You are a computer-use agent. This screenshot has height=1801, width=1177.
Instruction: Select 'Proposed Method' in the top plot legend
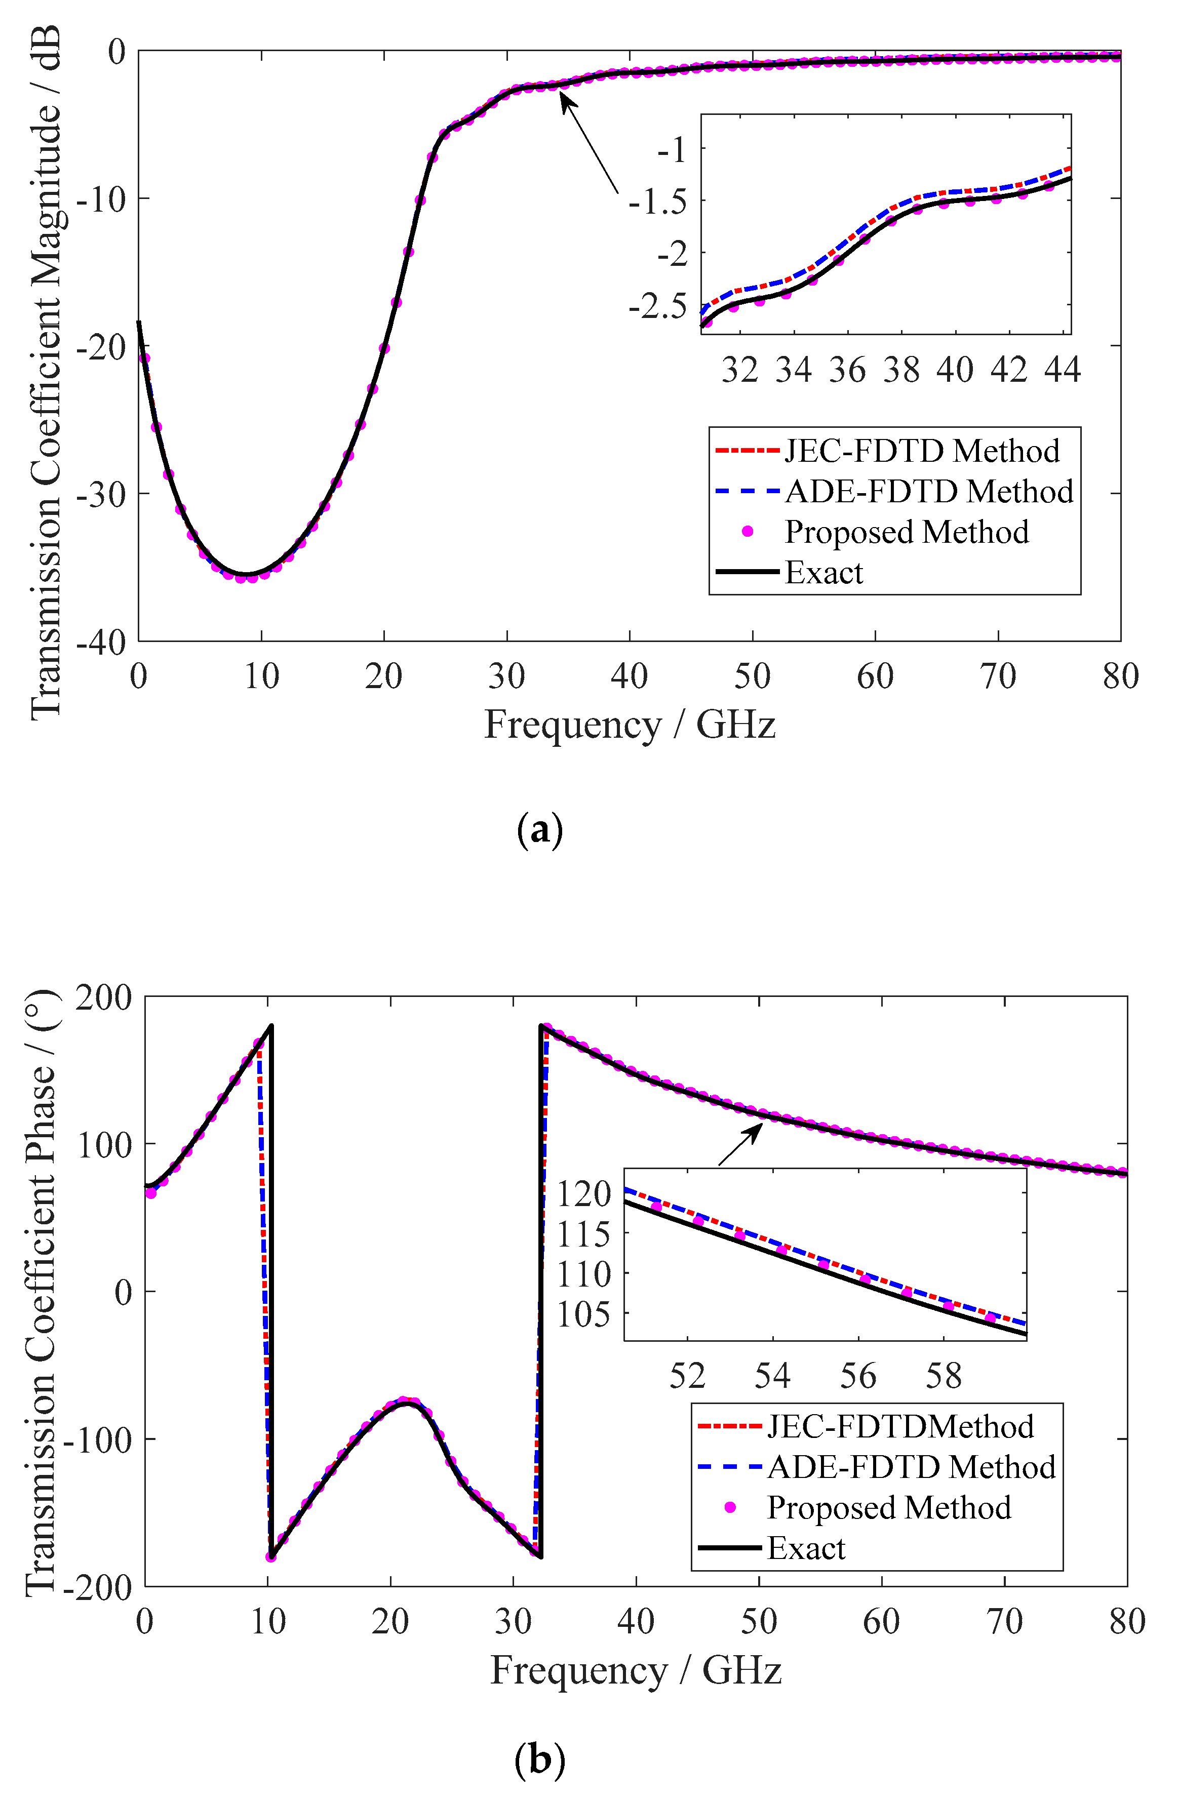[x=906, y=532]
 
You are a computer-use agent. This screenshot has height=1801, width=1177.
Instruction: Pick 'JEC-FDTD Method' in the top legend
[x=921, y=451]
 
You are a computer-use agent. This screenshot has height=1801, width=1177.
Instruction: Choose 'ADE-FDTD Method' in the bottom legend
[x=911, y=1467]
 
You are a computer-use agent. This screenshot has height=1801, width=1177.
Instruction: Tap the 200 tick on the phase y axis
[x=104, y=998]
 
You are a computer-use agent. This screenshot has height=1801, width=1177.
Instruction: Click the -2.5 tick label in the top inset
[x=657, y=306]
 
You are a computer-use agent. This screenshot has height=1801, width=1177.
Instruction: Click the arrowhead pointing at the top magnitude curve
[x=564, y=98]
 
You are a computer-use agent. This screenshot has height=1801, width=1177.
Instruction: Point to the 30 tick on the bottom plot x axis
[x=513, y=1622]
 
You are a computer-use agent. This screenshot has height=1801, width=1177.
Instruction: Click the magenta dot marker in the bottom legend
[x=730, y=1507]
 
